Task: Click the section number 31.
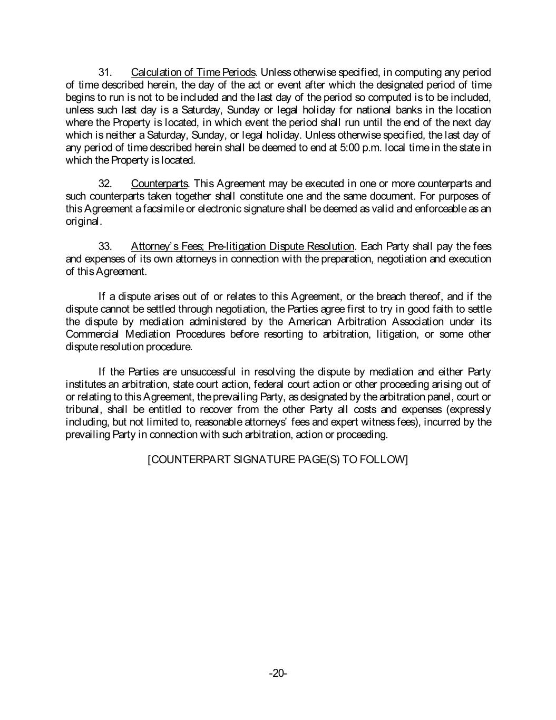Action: click(x=105, y=72)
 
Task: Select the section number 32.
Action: click(x=105, y=184)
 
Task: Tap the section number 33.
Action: click(x=105, y=246)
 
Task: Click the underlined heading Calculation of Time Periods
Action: click(x=193, y=72)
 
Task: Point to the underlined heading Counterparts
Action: click(x=159, y=184)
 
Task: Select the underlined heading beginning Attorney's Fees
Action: click(x=242, y=246)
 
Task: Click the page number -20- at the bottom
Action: click(x=278, y=673)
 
